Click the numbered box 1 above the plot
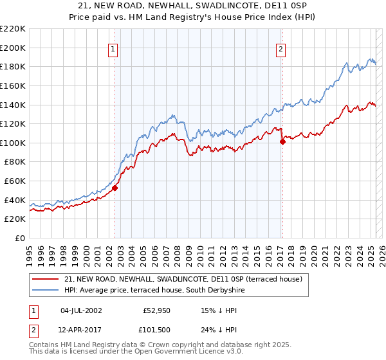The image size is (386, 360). [x=113, y=48]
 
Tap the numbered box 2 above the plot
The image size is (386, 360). [x=281, y=48]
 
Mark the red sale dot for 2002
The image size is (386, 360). [x=115, y=188]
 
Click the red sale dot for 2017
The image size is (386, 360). [x=282, y=142]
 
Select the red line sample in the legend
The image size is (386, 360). [x=45, y=278]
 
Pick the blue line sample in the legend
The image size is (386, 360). [x=45, y=290]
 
